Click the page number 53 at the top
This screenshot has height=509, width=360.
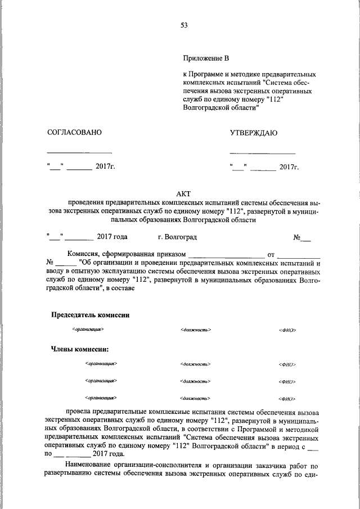tap(183, 25)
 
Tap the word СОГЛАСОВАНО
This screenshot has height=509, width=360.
tap(74, 133)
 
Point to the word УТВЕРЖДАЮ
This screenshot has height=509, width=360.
tap(253, 133)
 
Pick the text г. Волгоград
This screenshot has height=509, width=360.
tap(178, 237)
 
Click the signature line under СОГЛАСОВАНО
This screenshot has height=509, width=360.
tap(79, 153)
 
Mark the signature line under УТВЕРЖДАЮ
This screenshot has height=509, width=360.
tap(262, 153)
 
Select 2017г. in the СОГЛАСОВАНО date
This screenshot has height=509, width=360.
tap(105, 167)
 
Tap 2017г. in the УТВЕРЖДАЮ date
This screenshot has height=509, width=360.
tap(289, 167)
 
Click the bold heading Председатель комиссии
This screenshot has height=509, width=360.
tap(91, 315)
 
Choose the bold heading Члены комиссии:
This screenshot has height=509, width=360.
tap(80, 349)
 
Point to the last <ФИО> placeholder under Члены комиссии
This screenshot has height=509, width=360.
tap(287, 399)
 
